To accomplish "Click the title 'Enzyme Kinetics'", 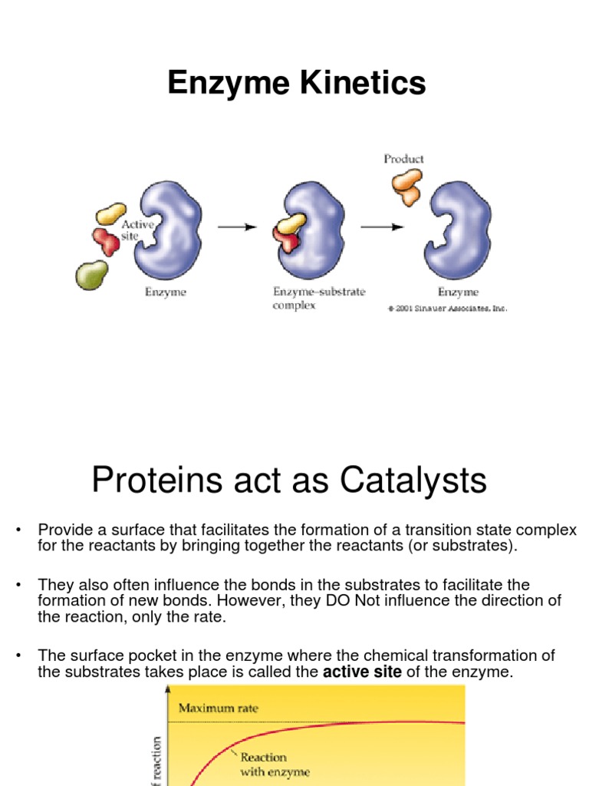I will point(297,83).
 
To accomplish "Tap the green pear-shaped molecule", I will point(91,274).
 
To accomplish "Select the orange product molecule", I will point(406,187).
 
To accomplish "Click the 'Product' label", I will point(403,159).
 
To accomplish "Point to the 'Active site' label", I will point(138,230).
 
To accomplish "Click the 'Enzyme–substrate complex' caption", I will point(319,298).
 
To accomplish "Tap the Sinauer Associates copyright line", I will point(448,309).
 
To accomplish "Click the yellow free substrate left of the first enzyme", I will point(111,214).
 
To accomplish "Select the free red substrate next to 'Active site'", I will point(106,241).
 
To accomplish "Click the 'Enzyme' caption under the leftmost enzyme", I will point(166,292).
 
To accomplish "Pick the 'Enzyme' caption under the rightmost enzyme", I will point(458,292).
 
